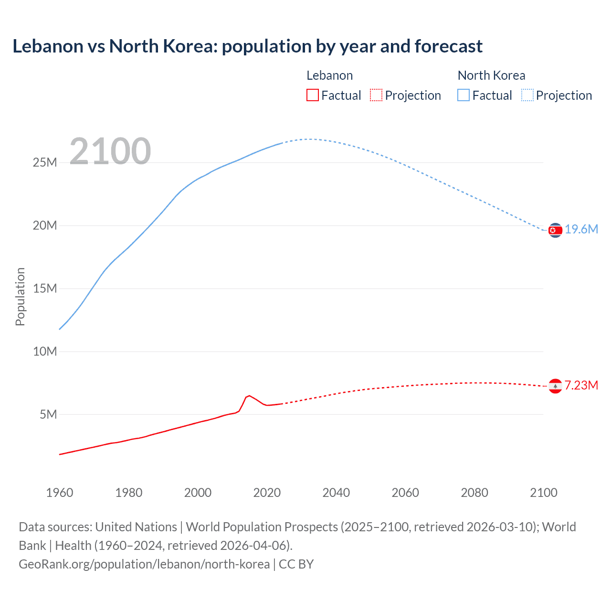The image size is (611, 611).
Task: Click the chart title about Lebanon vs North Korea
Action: coord(247,46)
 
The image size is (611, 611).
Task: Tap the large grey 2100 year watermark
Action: coord(110,151)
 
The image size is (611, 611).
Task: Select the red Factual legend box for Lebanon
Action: coord(312,95)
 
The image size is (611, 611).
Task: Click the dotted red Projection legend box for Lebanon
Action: coord(376,95)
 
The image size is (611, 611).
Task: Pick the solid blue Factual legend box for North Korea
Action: coord(464,95)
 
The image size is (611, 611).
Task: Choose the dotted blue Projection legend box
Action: coord(527,95)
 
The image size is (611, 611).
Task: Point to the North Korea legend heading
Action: coord(491,75)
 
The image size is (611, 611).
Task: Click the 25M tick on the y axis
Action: coord(45,162)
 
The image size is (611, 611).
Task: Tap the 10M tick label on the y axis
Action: coord(45,351)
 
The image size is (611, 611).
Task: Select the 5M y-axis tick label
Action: coord(48,414)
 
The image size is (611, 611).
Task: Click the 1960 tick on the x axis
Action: coord(60,493)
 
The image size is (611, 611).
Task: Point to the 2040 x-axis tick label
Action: coord(336,493)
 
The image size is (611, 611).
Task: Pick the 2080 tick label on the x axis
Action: coord(474,493)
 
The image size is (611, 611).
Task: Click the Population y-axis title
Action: coord(20,296)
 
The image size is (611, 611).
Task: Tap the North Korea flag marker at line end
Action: coord(555,230)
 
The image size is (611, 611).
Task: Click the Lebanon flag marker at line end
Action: coord(555,386)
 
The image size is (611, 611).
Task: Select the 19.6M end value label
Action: coord(581,230)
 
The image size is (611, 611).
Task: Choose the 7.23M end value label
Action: coord(581,385)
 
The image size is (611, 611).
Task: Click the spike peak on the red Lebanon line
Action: coord(249,396)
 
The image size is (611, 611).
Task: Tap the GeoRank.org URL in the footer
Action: coord(144,564)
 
